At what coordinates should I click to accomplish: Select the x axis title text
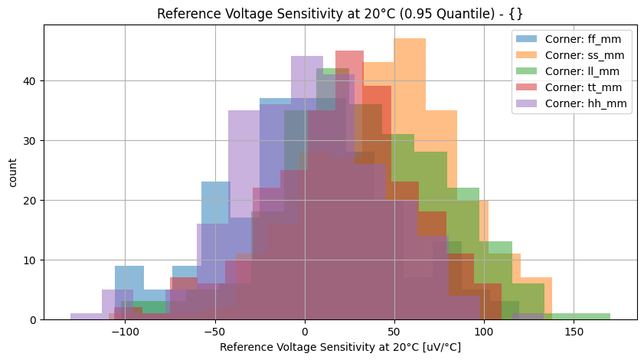[x=340, y=348]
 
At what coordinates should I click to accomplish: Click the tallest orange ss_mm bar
[x=410, y=176]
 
